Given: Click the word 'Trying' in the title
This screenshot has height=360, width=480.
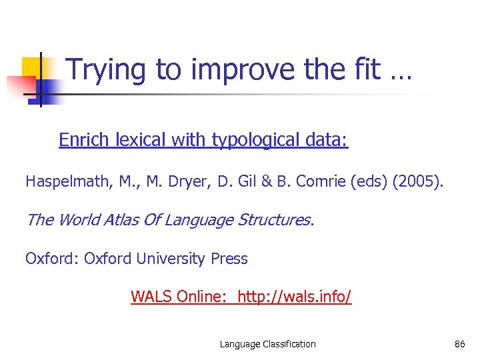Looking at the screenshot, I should coord(107,71).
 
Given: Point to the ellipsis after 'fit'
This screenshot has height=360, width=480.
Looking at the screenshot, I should coord(401,73).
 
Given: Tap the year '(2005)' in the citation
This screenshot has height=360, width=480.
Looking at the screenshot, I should coord(417,181).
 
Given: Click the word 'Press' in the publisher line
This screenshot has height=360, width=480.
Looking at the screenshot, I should coord(229,259).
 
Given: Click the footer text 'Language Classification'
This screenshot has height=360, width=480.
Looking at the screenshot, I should coord(268,344).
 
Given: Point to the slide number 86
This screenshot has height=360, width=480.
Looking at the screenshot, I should coord(459,344).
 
